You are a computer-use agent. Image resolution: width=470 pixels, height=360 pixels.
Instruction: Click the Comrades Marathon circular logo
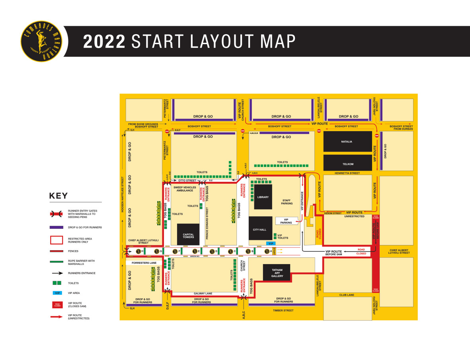pos(41,41)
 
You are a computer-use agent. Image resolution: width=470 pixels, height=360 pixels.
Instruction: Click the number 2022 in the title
pos(104,41)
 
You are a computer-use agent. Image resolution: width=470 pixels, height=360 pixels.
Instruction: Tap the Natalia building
pos(347,142)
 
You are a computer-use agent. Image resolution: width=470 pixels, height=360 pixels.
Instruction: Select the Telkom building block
pos(347,164)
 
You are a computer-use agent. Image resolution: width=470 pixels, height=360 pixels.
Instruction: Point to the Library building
pos(263,197)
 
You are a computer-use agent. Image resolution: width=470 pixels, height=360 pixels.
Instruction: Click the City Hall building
pos(260,230)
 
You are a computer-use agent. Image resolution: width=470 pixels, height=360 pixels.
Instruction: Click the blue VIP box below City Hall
pos(271,243)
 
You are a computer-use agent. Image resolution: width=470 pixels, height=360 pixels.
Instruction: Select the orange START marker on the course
pos(274,251)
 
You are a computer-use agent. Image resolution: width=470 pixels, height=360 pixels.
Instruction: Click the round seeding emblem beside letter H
pos(138,251)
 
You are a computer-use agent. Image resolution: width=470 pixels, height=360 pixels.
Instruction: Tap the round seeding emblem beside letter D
pos(212,251)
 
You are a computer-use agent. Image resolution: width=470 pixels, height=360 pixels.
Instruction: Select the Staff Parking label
pos(287,202)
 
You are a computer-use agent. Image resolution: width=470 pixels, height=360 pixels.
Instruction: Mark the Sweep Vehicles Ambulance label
pos(185,189)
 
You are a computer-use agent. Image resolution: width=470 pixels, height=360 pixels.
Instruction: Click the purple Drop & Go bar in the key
pos(56,227)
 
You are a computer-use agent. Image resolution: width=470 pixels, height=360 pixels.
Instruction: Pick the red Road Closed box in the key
pos(56,305)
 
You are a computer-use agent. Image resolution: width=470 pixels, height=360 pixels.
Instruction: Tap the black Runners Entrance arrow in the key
pos(56,273)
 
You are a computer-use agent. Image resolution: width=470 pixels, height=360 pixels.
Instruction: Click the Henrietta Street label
pos(347,173)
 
